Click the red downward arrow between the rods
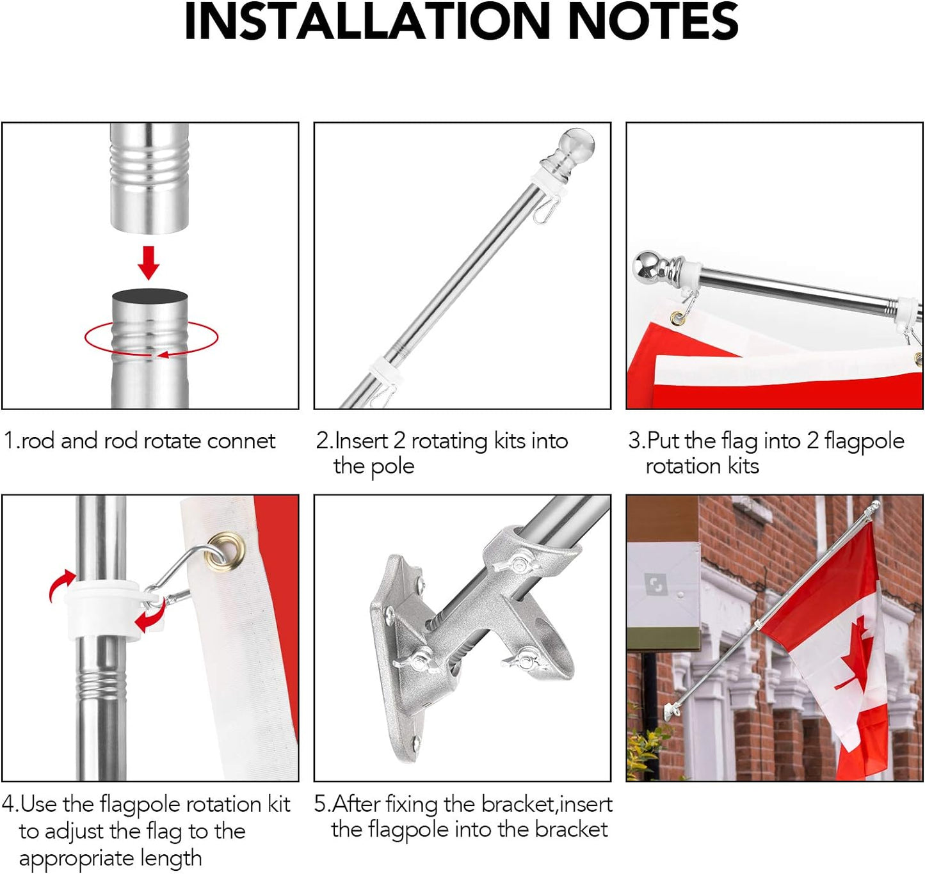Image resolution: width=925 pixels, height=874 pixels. pyautogui.click(x=149, y=263)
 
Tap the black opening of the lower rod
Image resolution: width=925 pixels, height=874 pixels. pyautogui.click(x=150, y=298)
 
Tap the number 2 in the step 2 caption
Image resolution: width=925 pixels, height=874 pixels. pyautogui.click(x=399, y=441)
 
